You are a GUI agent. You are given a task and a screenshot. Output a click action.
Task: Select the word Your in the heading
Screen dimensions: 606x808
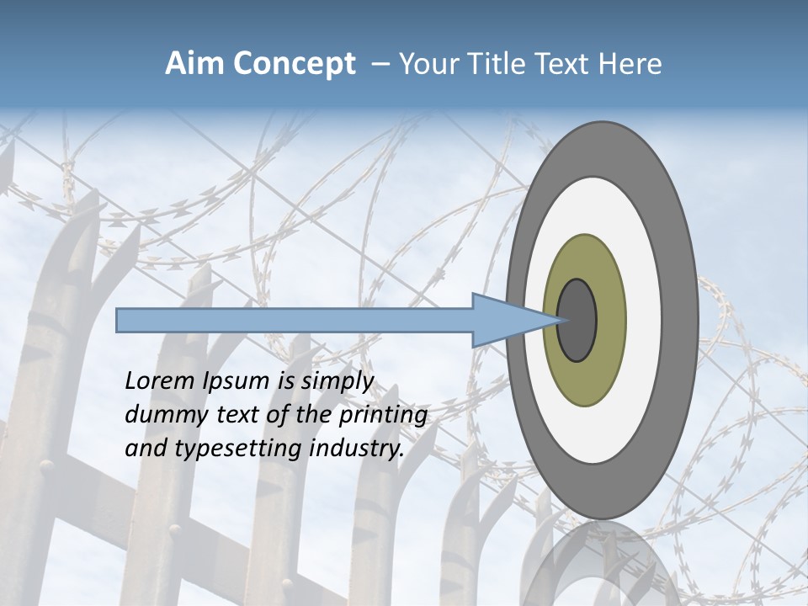tap(426, 64)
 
